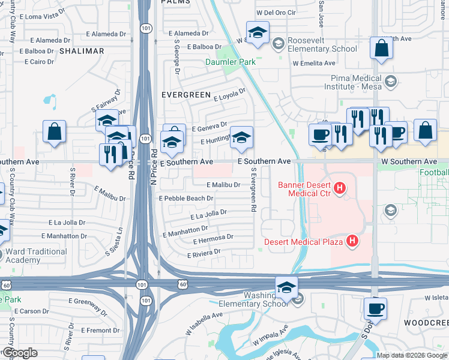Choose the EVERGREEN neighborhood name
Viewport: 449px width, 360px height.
coord(186,95)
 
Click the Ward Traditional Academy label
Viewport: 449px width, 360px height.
coord(37,256)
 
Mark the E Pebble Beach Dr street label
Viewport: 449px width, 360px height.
coord(186,198)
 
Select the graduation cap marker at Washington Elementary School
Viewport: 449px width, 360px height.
coord(287,288)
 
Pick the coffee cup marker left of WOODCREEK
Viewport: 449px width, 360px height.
coord(375,309)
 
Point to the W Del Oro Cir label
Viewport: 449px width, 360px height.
coord(277,12)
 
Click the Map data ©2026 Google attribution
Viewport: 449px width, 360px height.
coord(412,355)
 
